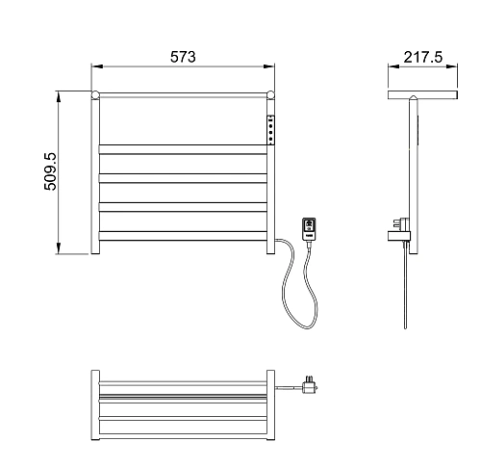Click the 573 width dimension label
(x=183, y=57)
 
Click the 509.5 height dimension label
(x=50, y=171)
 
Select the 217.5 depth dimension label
(x=422, y=57)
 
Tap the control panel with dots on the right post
(x=271, y=130)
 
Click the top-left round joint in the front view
(x=95, y=95)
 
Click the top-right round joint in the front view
(x=271, y=95)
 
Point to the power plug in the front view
(x=309, y=228)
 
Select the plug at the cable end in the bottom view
(x=309, y=385)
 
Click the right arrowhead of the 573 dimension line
(x=269, y=66)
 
